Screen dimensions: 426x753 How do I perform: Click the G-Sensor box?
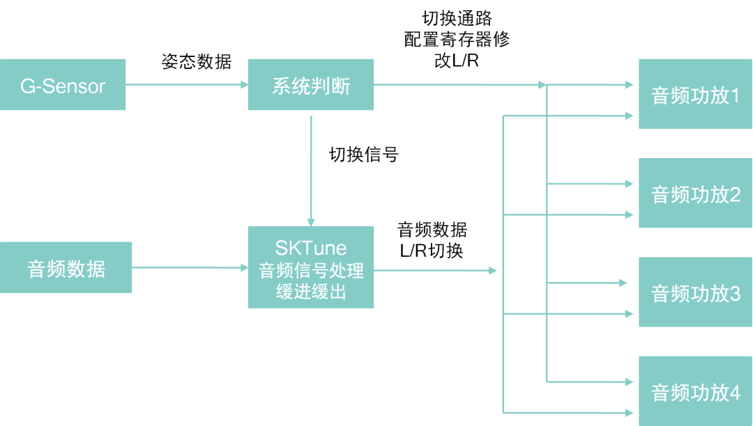(x=63, y=85)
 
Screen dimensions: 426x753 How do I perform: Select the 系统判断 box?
(x=311, y=85)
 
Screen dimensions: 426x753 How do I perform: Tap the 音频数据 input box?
(x=66, y=268)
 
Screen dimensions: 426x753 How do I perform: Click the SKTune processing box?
(x=311, y=268)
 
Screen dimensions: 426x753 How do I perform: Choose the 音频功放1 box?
(x=695, y=95)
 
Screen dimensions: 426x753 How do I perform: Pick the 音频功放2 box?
(x=695, y=194)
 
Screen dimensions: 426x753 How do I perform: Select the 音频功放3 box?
(x=695, y=292)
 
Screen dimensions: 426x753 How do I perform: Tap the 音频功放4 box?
(x=695, y=391)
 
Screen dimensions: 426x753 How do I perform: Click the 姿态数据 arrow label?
(x=196, y=62)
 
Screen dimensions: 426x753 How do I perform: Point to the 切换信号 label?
(x=363, y=155)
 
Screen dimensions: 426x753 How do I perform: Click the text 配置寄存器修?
(x=457, y=39)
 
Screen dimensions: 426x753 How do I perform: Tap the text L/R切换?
(x=432, y=251)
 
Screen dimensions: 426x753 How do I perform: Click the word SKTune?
(x=311, y=248)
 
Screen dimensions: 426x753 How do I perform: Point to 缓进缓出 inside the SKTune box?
(x=311, y=292)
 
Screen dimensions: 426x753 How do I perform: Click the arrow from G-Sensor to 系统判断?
(x=187, y=85)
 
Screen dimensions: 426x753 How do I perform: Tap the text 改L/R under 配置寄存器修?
(x=456, y=61)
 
